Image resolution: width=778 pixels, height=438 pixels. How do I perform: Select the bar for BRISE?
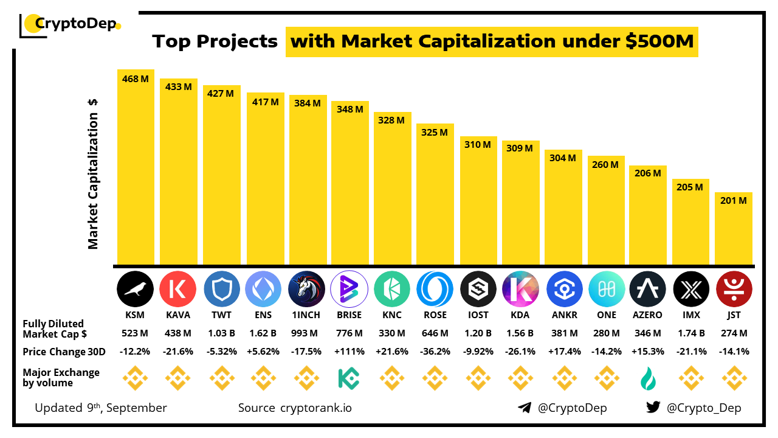[349, 182]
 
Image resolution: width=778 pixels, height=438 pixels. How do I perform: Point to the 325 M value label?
[435, 132]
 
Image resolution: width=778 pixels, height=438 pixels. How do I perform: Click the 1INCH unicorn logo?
[307, 288]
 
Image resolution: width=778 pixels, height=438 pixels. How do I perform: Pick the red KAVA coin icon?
[178, 288]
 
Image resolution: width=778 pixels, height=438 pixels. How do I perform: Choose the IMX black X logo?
[691, 288]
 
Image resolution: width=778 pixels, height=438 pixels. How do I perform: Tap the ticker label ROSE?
[435, 315]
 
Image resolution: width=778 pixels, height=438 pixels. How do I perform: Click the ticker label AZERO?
[648, 315]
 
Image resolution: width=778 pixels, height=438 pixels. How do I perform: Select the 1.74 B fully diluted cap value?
[691, 333]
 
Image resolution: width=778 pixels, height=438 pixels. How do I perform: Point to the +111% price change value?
[349, 352]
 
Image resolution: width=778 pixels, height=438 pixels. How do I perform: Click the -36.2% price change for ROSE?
[435, 352]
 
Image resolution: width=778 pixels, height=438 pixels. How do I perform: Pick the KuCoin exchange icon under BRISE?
[349, 378]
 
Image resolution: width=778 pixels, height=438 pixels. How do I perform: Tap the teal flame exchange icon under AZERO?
[648, 378]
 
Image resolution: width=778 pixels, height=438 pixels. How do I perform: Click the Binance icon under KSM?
[135, 378]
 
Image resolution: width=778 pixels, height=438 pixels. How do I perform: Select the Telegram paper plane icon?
[525, 408]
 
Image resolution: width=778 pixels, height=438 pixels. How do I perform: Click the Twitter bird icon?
[653, 408]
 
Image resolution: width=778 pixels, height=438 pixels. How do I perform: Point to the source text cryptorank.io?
[315, 408]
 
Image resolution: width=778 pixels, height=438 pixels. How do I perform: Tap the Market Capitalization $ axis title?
[93, 174]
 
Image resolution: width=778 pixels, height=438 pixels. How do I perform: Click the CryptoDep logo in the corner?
[70, 24]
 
